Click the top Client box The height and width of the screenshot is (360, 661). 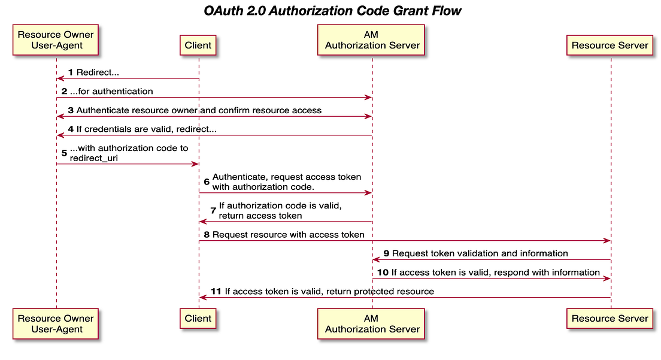[x=198, y=45]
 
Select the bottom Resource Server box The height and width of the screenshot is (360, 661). [x=610, y=318]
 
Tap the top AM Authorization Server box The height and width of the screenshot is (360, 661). [x=372, y=40]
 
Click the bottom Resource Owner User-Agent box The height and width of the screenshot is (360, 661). [x=56, y=323]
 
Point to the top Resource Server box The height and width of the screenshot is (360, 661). [x=610, y=45]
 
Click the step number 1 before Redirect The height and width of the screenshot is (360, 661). [x=71, y=72]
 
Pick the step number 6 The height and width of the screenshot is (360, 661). [x=207, y=181]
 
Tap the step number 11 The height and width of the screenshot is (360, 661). [x=217, y=292]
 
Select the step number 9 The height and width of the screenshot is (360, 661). [x=386, y=253]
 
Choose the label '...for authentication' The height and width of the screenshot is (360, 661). [x=111, y=92]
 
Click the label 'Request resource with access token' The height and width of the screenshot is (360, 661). [x=288, y=235]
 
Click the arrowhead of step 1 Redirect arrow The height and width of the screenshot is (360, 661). [x=60, y=78]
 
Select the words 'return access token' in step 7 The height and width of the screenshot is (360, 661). [x=260, y=216]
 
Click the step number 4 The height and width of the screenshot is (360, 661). [x=71, y=129]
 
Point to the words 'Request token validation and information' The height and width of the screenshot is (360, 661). [x=480, y=253]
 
